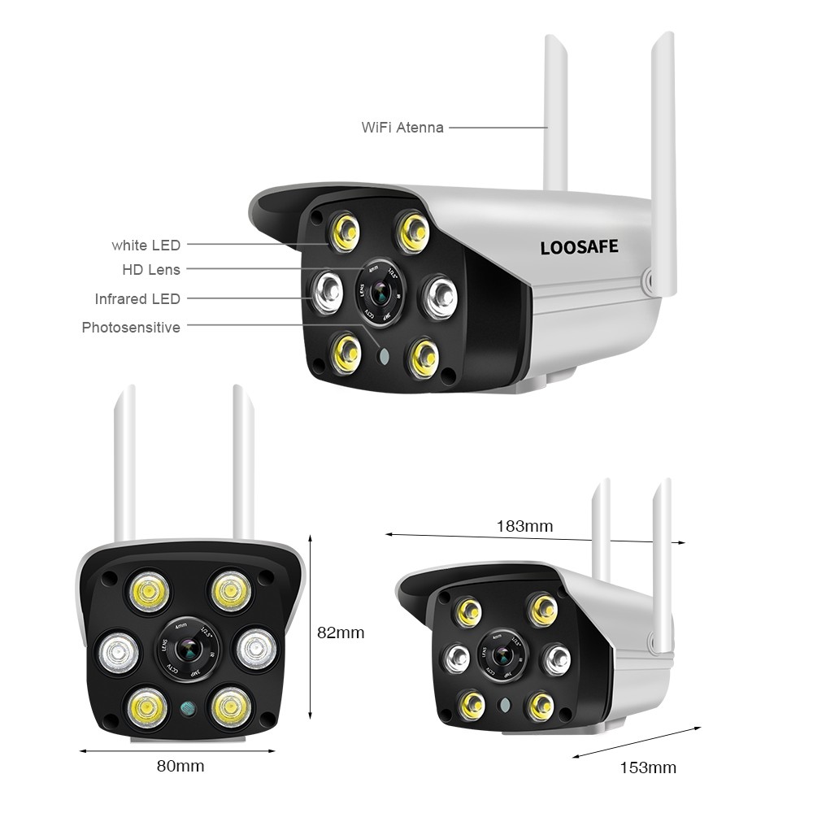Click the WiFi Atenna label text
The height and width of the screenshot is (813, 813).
(402, 128)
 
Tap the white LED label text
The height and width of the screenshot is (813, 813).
(146, 245)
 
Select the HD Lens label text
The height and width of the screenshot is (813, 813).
(151, 270)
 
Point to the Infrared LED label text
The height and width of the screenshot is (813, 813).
(137, 299)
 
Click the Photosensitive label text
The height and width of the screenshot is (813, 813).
(131, 328)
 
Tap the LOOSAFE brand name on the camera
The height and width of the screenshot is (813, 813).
(579, 246)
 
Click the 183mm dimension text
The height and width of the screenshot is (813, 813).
(524, 526)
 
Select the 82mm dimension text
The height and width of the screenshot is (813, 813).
(341, 633)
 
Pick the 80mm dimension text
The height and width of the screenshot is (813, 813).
(180, 766)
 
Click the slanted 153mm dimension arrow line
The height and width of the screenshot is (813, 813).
(637, 743)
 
